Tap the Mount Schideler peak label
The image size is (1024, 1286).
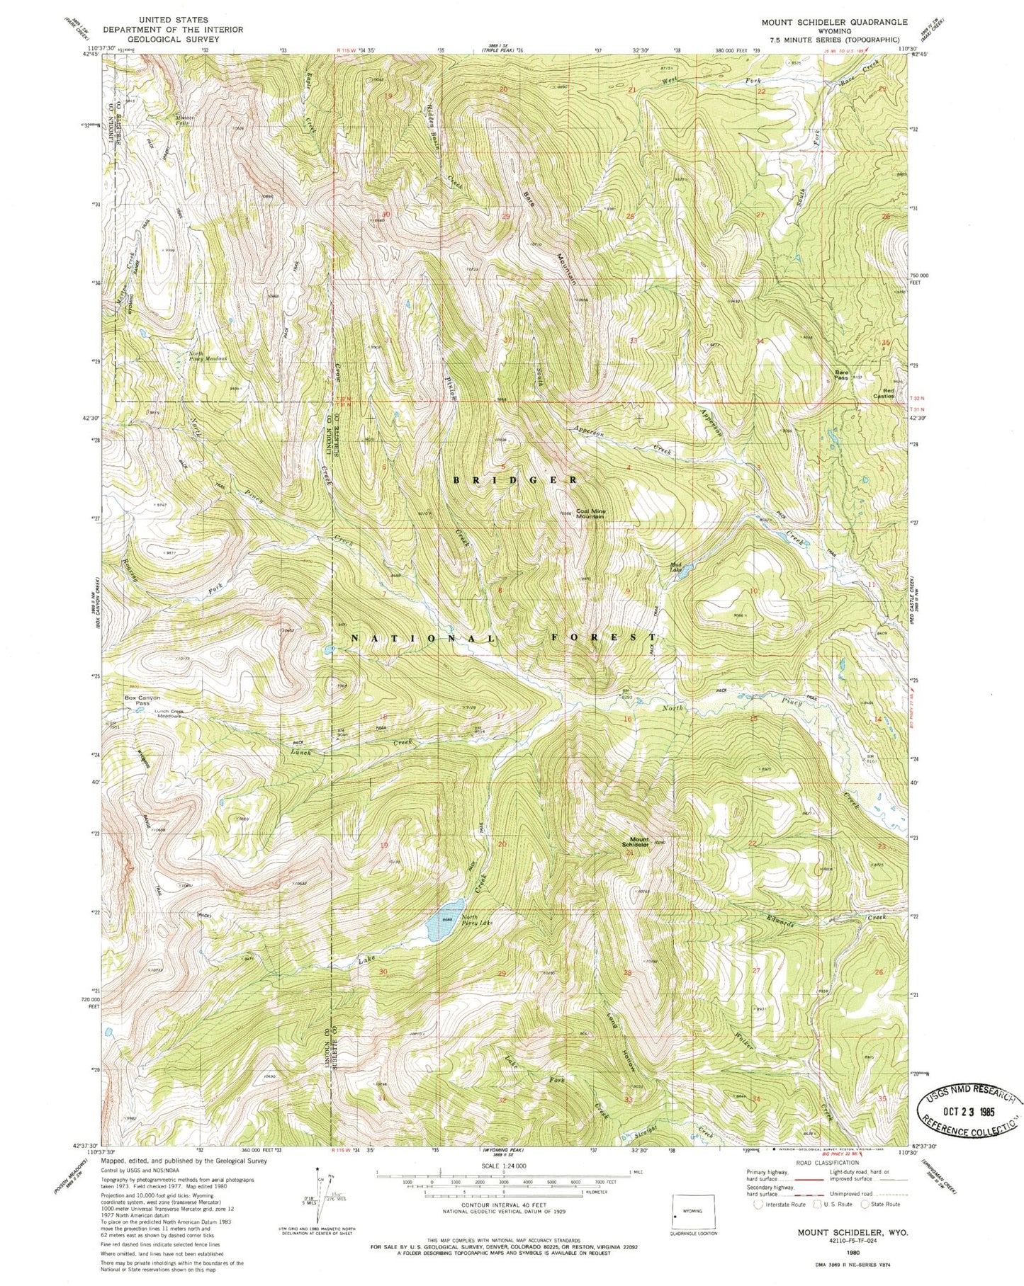[x=635, y=843]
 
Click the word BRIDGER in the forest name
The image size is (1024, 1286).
[x=515, y=480]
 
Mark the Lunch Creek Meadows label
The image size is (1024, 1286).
[x=159, y=715]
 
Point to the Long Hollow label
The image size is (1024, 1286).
[x=621, y=1041]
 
